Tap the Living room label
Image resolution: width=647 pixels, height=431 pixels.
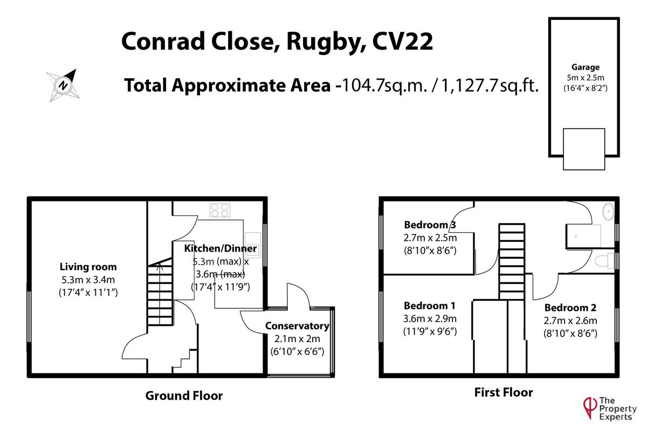coord(88,267)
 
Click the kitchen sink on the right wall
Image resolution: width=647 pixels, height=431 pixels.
coord(252,239)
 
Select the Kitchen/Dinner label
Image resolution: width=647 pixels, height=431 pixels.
coord(221,249)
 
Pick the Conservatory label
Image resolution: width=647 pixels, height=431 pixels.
coord(297,326)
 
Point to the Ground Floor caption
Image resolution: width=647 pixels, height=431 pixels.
coord(184,396)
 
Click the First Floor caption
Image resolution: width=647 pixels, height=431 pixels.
coord(503,392)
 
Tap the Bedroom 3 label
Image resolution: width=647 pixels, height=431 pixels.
coord(430,225)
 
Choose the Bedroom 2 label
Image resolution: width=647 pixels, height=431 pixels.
coord(570,308)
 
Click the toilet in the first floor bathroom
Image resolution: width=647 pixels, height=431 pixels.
coord(603,262)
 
